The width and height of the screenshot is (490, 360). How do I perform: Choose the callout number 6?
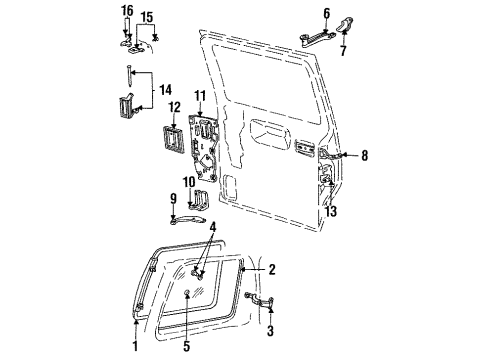pos(326,12)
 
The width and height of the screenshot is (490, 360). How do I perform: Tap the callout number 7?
pos(344,48)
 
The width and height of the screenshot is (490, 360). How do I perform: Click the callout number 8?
pos(366,155)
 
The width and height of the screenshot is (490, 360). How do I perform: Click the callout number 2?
pos(272,270)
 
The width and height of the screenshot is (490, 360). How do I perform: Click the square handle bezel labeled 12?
pos(172,134)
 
